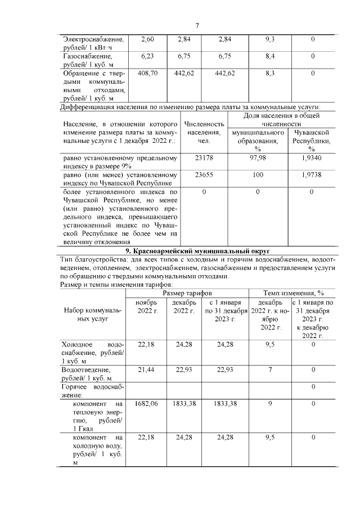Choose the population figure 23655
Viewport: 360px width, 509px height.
click(x=204, y=175)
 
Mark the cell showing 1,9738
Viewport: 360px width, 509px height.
click(x=311, y=175)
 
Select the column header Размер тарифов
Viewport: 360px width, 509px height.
click(x=187, y=294)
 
